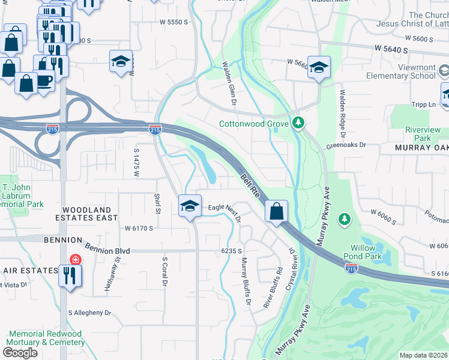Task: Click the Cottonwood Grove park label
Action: click(255, 124)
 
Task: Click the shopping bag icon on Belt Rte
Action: click(276, 211)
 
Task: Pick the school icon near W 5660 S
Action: click(320, 67)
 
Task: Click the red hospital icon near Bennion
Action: click(75, 260)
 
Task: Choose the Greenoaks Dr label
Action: click(346, 145)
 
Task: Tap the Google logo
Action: click(20, 353)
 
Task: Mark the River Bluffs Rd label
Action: click(273, 289)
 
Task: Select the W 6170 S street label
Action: click(139, 229)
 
